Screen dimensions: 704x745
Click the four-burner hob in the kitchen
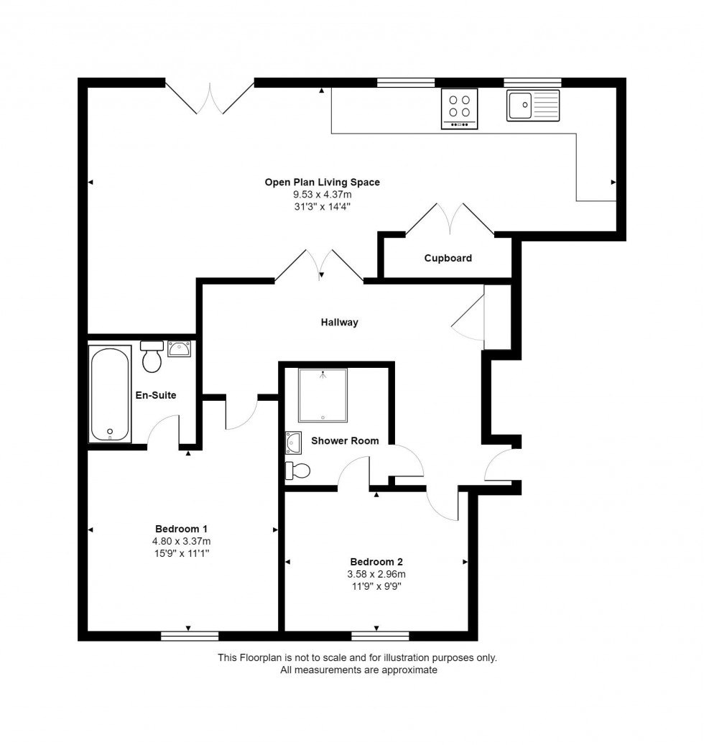[459, 108]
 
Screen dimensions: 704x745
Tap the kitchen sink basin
[520, 105]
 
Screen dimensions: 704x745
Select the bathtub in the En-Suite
[110, 394]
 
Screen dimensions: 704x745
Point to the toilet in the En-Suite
[152, 357]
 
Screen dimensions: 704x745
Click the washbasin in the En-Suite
[179, 349]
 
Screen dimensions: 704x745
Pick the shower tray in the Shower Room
[323, 395]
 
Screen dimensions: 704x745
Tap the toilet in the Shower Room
[297, 471]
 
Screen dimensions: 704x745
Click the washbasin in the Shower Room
[293, 443]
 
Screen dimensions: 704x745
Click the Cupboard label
[448, 258]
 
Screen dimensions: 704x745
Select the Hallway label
[339, 322]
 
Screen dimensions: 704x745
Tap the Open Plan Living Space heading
[322, 182]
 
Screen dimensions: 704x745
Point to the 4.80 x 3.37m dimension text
[182, 541]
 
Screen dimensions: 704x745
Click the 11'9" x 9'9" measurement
[376, 586]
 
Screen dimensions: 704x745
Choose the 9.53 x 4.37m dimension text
[323, 194]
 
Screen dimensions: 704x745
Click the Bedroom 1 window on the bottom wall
[190, 637]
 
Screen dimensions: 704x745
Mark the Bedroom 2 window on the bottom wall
[380, 637]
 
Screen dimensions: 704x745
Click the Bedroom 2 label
[376, 562]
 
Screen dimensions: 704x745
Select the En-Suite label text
[156, 395]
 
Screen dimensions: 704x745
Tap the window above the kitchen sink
[532, 83]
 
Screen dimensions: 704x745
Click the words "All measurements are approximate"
[358, 670]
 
